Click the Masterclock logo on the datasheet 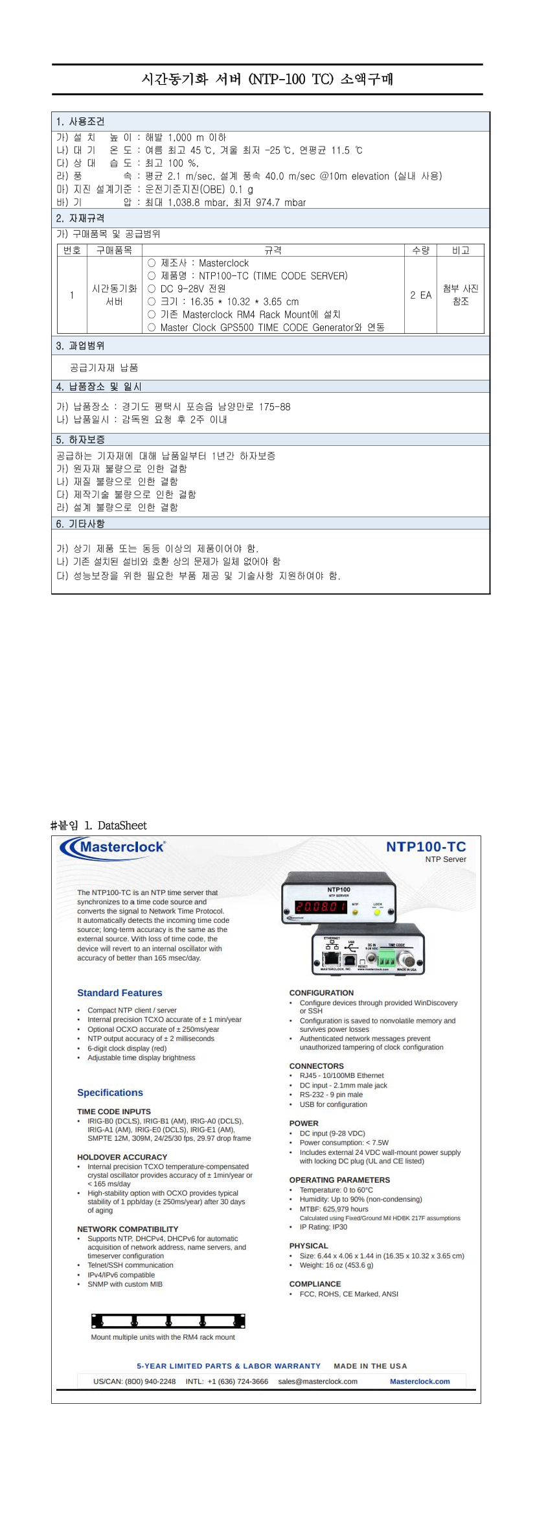click(113, 847)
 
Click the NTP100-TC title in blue click(426, 846)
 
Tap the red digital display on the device click(321, 907)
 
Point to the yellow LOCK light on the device click(378, 912)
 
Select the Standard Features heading click(119, 993)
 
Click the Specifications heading click(109, 1093)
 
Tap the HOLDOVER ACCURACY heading click(122, 1157)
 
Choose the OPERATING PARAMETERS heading click(339, 1180)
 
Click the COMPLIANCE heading click(315, 1284)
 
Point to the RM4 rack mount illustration click(168, 1321)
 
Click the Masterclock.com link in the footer click(420, 1381)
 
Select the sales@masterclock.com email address click(317, 1381)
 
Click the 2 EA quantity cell click(420, 295)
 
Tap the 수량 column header click(420, 250)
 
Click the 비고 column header click(461, 250)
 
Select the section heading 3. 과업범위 click(80, 346)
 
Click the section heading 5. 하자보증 click(80, 439)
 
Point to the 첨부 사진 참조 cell click(461, 295)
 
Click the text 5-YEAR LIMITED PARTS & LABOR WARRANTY click(229, 1366)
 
